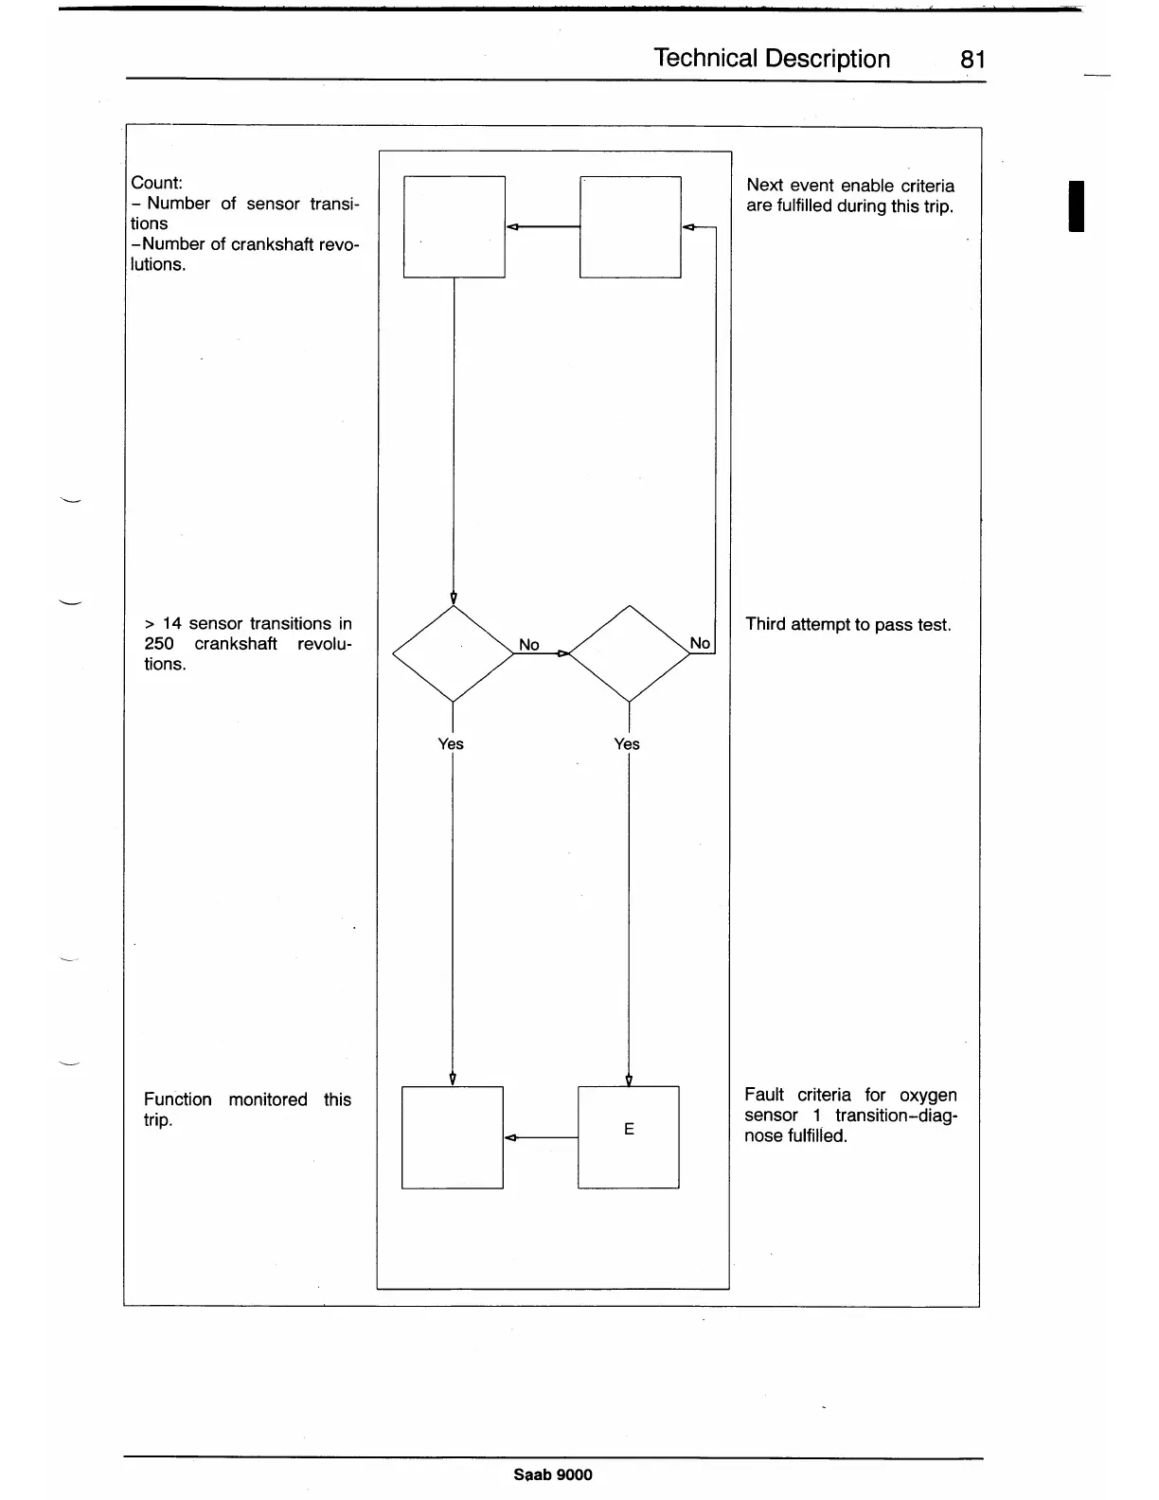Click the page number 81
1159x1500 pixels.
pyautogui.click(x=972, y=60)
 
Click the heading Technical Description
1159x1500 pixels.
pyautogui.click(x=772, y=59)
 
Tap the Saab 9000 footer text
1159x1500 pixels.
pyautogui.click(x=553, y=1474)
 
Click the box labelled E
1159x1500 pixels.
pyautogui.click(x=628, y=1136)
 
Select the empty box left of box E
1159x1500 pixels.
pyautogui.click(x=453, y=1136)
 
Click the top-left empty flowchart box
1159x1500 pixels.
pyautogui.click(x=455, y=226)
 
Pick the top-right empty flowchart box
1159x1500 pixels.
pyautogui.click(x=630, y=226)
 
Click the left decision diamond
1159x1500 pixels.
pyautogui.click(x=453, y=653)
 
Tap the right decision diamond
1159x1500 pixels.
pyautogui.click(x=630, y=653)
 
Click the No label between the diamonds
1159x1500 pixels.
pyautogui.click(x=528, y=645)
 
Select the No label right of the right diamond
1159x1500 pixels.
pyautogui.click(x=700, y=643)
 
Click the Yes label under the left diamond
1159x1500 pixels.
pyautogui.click(x=451, y=744)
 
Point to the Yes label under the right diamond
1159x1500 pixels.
pyautogui.click(x=627, y=744)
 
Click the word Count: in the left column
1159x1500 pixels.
pyautogui.click(x=157, y=183)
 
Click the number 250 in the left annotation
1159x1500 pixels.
pyautogui.click(x=159, y=644)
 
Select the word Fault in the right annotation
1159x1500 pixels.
pyautogui.click(x=764, y=1095)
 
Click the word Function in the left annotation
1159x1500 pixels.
pyautogui.click(x=178, y=1099)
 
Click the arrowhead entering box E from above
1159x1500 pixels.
pyautogui.click(x=629, y=1080)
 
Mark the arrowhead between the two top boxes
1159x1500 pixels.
pyautogui.click(x=512, y=227)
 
